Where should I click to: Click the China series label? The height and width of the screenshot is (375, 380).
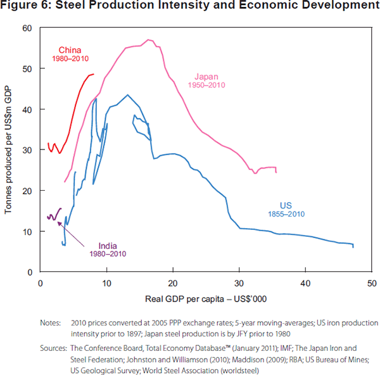point(70,50)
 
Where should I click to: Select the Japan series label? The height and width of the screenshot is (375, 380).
point(206,76)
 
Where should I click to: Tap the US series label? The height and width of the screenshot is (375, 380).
point(286,205)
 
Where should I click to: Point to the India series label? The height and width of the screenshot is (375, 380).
point(108,246)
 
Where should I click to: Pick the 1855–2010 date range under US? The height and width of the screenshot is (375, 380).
point(286,214)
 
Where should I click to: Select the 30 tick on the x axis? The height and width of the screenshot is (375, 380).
point(239,281)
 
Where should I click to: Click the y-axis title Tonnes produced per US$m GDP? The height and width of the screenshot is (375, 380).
point(8,149)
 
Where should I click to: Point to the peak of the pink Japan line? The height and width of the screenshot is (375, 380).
point(148,40)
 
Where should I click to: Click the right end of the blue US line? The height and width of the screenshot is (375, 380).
point(353,246)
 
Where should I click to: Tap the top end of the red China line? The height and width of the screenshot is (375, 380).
point(93,74)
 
